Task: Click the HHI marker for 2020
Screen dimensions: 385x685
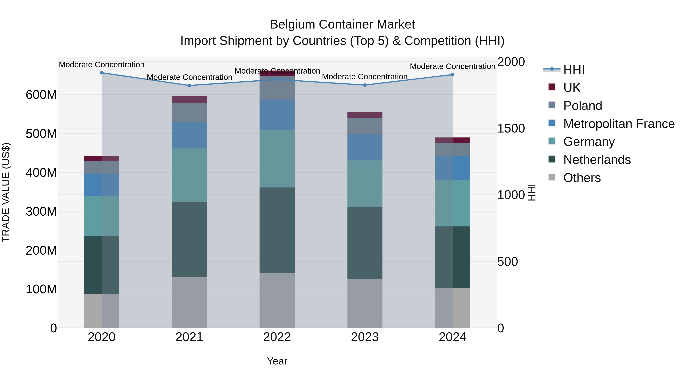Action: tap(102, 73)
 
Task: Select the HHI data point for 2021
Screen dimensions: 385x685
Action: tap(189, 86)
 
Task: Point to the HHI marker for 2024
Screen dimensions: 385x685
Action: tap(453, 75)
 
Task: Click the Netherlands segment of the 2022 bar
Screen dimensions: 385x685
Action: tap(277, 230)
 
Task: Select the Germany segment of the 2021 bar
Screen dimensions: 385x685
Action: tap(189, 175)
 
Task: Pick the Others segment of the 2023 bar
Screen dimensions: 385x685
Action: tap(365, 303)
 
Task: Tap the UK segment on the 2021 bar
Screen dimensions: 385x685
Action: tap(189, 100)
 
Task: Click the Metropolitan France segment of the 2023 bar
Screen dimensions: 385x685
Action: tap(365, 147)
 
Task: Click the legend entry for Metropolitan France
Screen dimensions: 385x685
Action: tap(619, 124)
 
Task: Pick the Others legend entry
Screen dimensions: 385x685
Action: tap(582, 178)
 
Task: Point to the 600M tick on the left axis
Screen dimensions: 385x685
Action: tap(41, 95)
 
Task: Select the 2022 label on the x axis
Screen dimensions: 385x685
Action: tap(277, 337)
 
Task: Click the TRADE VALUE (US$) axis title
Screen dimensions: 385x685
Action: tap(6, 192)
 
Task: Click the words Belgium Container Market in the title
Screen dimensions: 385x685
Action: tap(342, 25)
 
